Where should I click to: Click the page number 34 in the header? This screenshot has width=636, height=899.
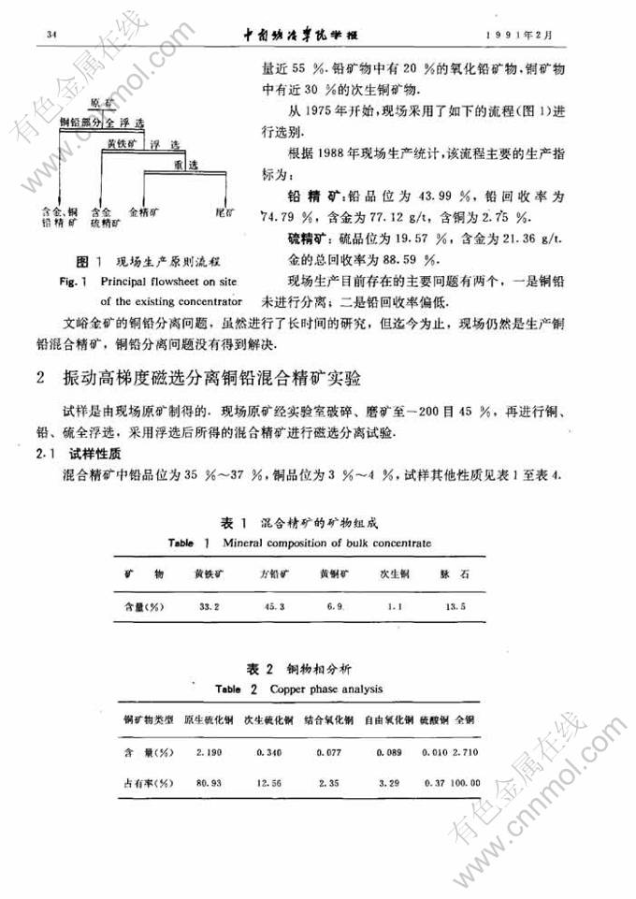(x=38, y=36)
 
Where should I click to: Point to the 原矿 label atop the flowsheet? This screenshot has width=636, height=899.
(x=102, y=101)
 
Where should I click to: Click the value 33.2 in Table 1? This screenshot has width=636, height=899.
(x=208, y=607)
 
